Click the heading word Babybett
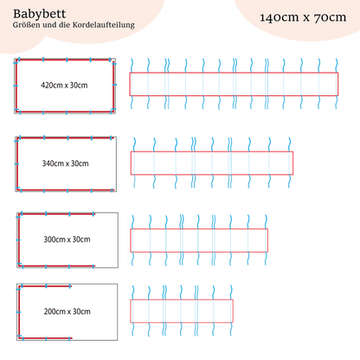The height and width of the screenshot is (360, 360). (39, 14)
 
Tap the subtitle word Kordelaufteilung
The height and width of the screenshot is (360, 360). (104, 25)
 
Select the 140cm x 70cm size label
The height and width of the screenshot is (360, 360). (303, 17)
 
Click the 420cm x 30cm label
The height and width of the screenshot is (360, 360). (64, 86)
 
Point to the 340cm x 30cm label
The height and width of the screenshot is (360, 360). (66, 164)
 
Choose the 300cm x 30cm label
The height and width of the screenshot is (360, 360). (67, 240)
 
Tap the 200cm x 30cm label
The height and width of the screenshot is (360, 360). (67, 312)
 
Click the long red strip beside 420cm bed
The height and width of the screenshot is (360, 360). (234, 84)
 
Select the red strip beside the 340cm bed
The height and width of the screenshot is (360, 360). (212, 163)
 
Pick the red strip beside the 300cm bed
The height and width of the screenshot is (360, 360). (199, 241)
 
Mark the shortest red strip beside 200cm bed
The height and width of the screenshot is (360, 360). (182, 311)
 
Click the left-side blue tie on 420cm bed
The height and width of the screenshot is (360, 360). (16, 86)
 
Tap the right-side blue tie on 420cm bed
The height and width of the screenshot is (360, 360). (114, 85)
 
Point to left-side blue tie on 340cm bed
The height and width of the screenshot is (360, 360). (16, 164)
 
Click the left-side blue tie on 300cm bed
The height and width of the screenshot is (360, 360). (18, 240)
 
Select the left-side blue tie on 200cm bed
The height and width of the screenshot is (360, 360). (18, 312)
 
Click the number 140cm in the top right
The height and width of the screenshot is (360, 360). (280, 17)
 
